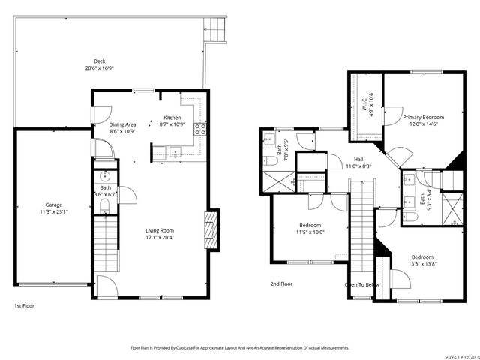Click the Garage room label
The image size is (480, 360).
click(53, 205)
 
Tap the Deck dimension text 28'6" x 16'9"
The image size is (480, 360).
click(99, 68)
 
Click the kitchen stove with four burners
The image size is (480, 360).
click(199, 129)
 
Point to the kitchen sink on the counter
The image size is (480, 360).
click(175, 152)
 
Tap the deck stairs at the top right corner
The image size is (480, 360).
click(216, 30)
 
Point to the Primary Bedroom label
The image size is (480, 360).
click(423, 118)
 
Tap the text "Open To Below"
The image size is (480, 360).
click(361, 285)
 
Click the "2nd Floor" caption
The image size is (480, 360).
click(282, 283)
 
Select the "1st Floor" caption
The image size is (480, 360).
click(24, 305)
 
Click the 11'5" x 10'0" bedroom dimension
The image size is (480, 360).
click(310, 232)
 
